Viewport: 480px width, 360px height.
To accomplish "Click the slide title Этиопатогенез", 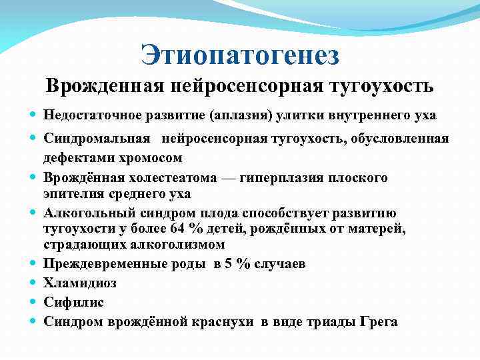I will [x=240, y=54].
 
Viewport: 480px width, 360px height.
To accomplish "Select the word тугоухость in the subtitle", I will [x=381, y=87].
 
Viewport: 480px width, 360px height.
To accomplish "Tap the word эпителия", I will [x=73, y=194].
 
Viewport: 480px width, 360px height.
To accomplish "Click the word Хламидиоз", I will [x=79, y=283].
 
